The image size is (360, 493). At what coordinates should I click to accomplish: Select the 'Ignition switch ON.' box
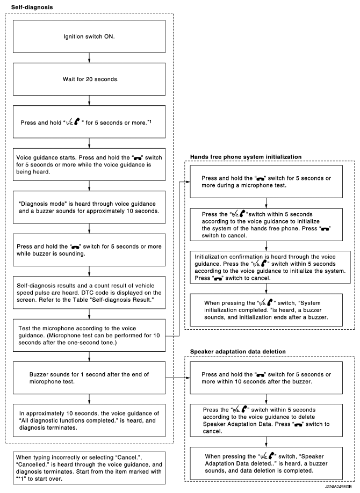tap(89, 38)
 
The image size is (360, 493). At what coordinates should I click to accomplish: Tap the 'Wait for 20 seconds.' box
tap(89, 79)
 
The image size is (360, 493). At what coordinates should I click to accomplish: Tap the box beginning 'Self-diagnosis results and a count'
tap(89, 291)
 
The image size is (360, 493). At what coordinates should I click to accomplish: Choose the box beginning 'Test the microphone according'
tap(89, 334)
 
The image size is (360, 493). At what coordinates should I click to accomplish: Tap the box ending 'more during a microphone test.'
tap(266, 182)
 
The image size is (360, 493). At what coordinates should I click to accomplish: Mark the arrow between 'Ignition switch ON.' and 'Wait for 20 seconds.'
tap(89, 58)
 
